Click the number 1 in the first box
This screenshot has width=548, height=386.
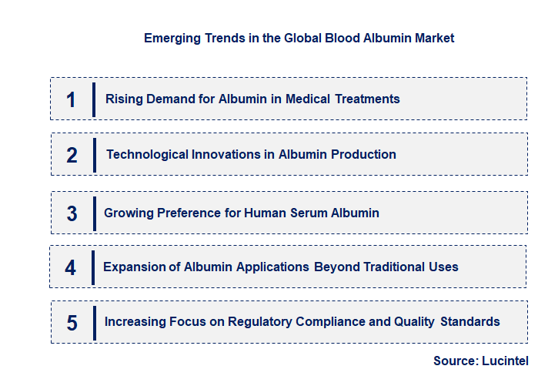71,99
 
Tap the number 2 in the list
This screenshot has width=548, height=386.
72,156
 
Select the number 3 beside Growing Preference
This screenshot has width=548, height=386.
72,213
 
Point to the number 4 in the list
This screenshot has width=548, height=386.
71,267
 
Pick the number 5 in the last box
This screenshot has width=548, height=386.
72,323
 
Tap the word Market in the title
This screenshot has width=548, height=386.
434,38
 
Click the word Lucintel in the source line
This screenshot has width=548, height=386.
506,361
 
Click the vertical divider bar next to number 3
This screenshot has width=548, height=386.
93,213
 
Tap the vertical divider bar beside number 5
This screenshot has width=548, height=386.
93,321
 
